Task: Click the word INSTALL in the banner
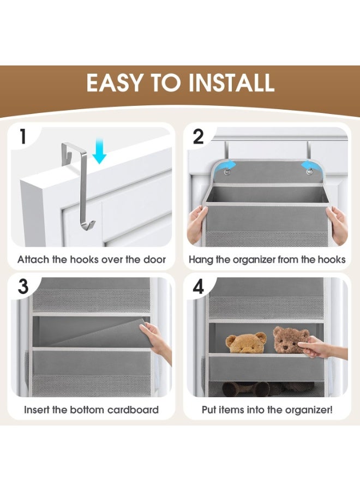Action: pos(231,83)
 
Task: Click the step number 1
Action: pos(22,136)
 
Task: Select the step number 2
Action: pos(198,136)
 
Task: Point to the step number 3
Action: pos(23,286)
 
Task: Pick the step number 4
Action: pos(199,286)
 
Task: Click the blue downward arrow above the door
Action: pos(100,151)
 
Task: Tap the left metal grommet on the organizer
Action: pos(226,172)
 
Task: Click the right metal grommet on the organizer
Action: pos(310,172)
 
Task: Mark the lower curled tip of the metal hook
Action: pos(93,223)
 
